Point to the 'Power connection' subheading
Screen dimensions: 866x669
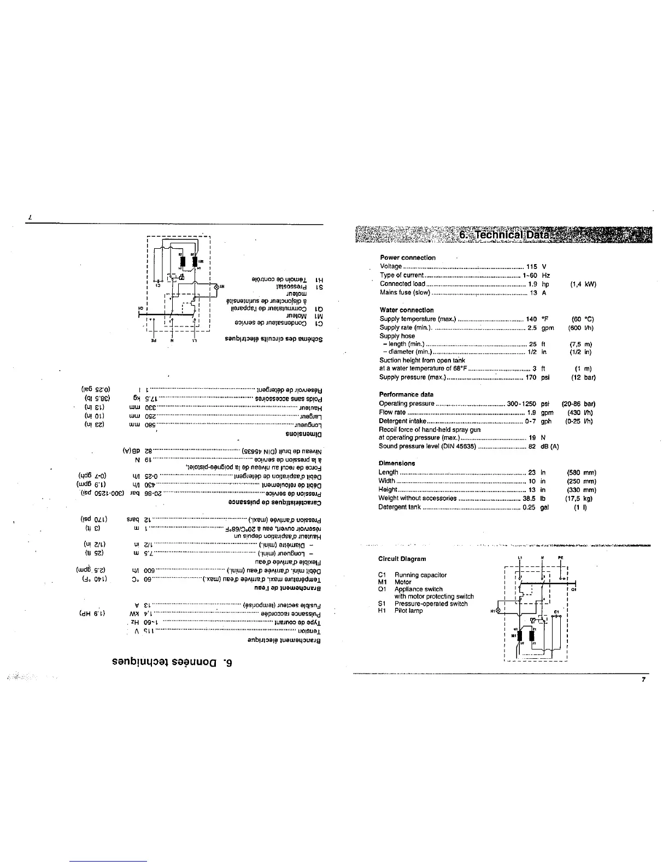[407, 258]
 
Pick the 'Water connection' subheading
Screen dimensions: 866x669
[406, 310]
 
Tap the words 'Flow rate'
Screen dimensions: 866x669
[392, 412]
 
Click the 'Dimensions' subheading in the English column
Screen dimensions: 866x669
[397, 463]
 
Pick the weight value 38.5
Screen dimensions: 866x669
[529, 498]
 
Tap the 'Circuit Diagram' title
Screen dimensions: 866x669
[401, 559]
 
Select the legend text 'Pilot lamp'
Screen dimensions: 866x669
[408, 611]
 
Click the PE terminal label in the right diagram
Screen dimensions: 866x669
[561, 558]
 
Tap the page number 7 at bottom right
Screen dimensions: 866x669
[644, 680]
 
